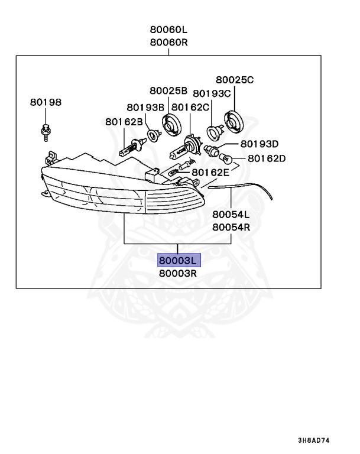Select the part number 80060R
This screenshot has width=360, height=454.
pos(168,43)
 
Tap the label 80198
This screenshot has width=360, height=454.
pos(46,102)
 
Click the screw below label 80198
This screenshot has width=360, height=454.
pos(46,131)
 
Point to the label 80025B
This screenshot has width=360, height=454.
pos(168,90)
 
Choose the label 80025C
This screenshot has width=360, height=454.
pos(235,80)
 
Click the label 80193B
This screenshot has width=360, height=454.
pos(145,107)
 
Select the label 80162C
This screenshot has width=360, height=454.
pos(190,107)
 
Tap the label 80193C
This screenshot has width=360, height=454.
pos(212,93)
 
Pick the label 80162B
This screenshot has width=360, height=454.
pos(124,122)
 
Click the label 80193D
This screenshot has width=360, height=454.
pos(260,144)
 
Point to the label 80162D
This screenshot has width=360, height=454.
pos(267,158)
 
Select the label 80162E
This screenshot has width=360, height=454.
pos(210,172)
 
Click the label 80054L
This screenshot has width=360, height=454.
pos(231,215)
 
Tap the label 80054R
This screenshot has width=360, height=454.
pos(231,226)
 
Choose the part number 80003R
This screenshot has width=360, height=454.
pos(177,274)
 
